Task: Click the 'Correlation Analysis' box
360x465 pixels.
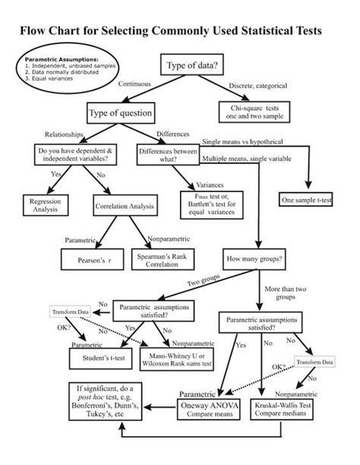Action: tap(125, 205)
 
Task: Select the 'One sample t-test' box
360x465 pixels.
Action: tap(307, 200)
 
